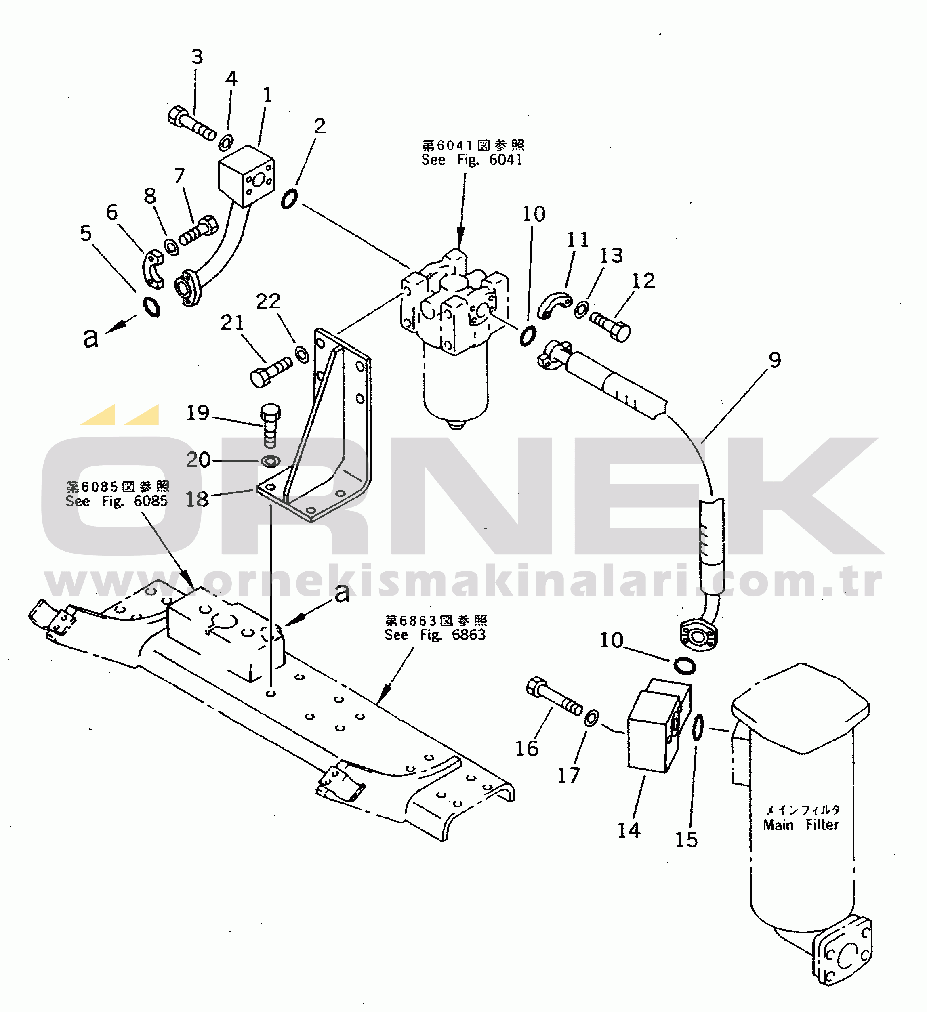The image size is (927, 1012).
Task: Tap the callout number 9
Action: (774, 360)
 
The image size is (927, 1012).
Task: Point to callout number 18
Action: (196, 499)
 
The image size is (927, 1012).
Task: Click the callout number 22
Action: (268, 301)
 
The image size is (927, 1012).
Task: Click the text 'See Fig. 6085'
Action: (116, 501)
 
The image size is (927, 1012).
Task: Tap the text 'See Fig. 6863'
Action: (435, 634)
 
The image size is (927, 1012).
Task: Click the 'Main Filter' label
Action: (801, 825)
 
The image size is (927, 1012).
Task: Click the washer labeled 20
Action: (271, 460)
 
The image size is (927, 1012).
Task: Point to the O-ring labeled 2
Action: (289, 199)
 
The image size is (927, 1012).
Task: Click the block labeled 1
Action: (246, 176)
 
